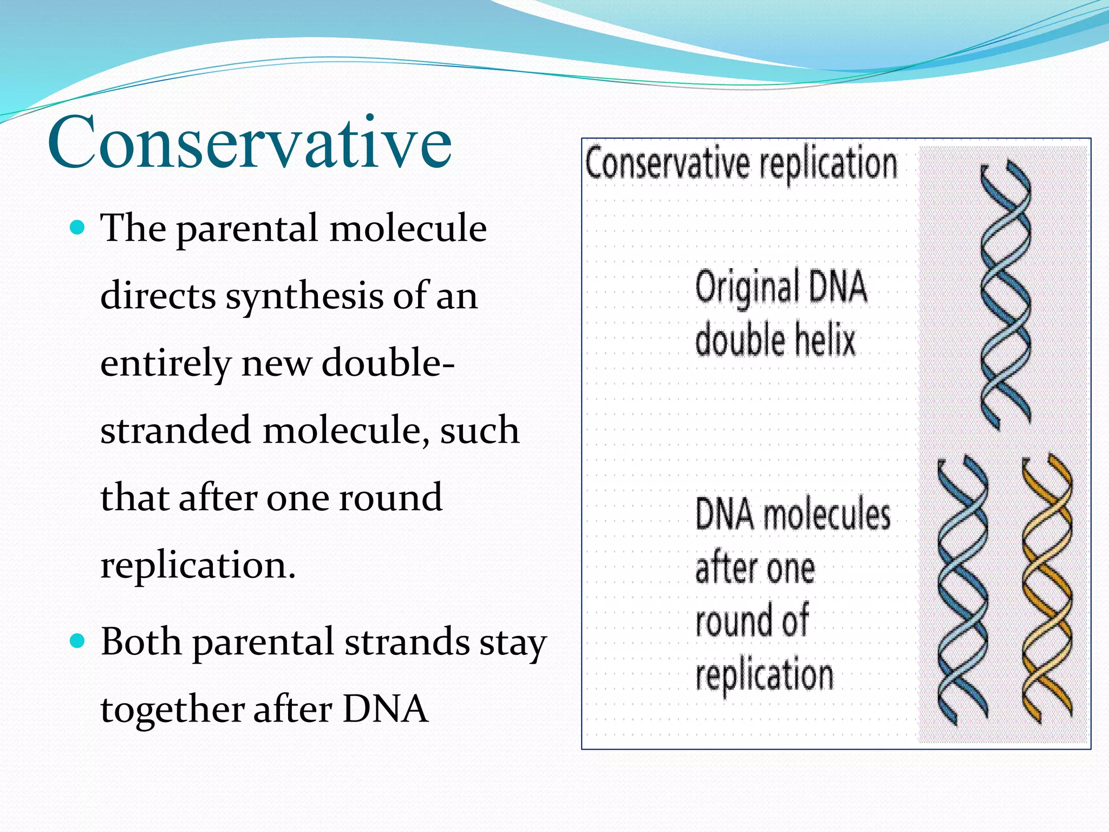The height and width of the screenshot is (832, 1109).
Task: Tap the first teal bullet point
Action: click(78, 227)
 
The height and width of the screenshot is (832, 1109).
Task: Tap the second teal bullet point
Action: click(78, 641)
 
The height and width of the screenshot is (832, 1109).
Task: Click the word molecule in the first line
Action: click(408, 228)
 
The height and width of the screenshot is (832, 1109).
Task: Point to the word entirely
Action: click(166, 364)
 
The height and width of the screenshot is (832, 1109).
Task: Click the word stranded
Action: click(175, 430)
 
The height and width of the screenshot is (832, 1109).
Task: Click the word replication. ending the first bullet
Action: click(198, 565)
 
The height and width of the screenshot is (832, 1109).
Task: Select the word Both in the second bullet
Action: click(141, 642)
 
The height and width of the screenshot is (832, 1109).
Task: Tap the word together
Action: click(172, 710)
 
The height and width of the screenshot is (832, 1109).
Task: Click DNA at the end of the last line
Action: click(385, 710)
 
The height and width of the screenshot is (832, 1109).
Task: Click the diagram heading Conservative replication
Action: click(741, 165)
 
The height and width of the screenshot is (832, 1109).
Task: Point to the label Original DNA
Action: click(781, 287)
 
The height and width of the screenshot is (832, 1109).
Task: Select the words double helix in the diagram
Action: click(775, 340)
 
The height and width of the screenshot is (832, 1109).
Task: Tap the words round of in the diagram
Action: click(752, 621)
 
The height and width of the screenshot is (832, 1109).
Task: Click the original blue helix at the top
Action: click(1006, 295)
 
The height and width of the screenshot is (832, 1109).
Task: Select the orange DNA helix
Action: click(1047, 589)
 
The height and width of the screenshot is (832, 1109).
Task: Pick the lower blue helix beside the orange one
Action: click(962, 590)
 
